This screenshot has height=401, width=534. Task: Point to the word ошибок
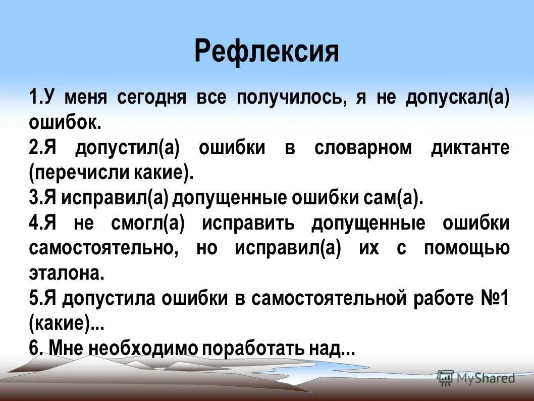(65, 121)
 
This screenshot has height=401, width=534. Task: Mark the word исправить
(248, 224)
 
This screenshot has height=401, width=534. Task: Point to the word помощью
(466, 249)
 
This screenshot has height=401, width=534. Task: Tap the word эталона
(67, 274)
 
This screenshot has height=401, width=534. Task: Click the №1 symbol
(494, 299)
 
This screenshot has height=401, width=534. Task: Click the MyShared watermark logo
(476, 378)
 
